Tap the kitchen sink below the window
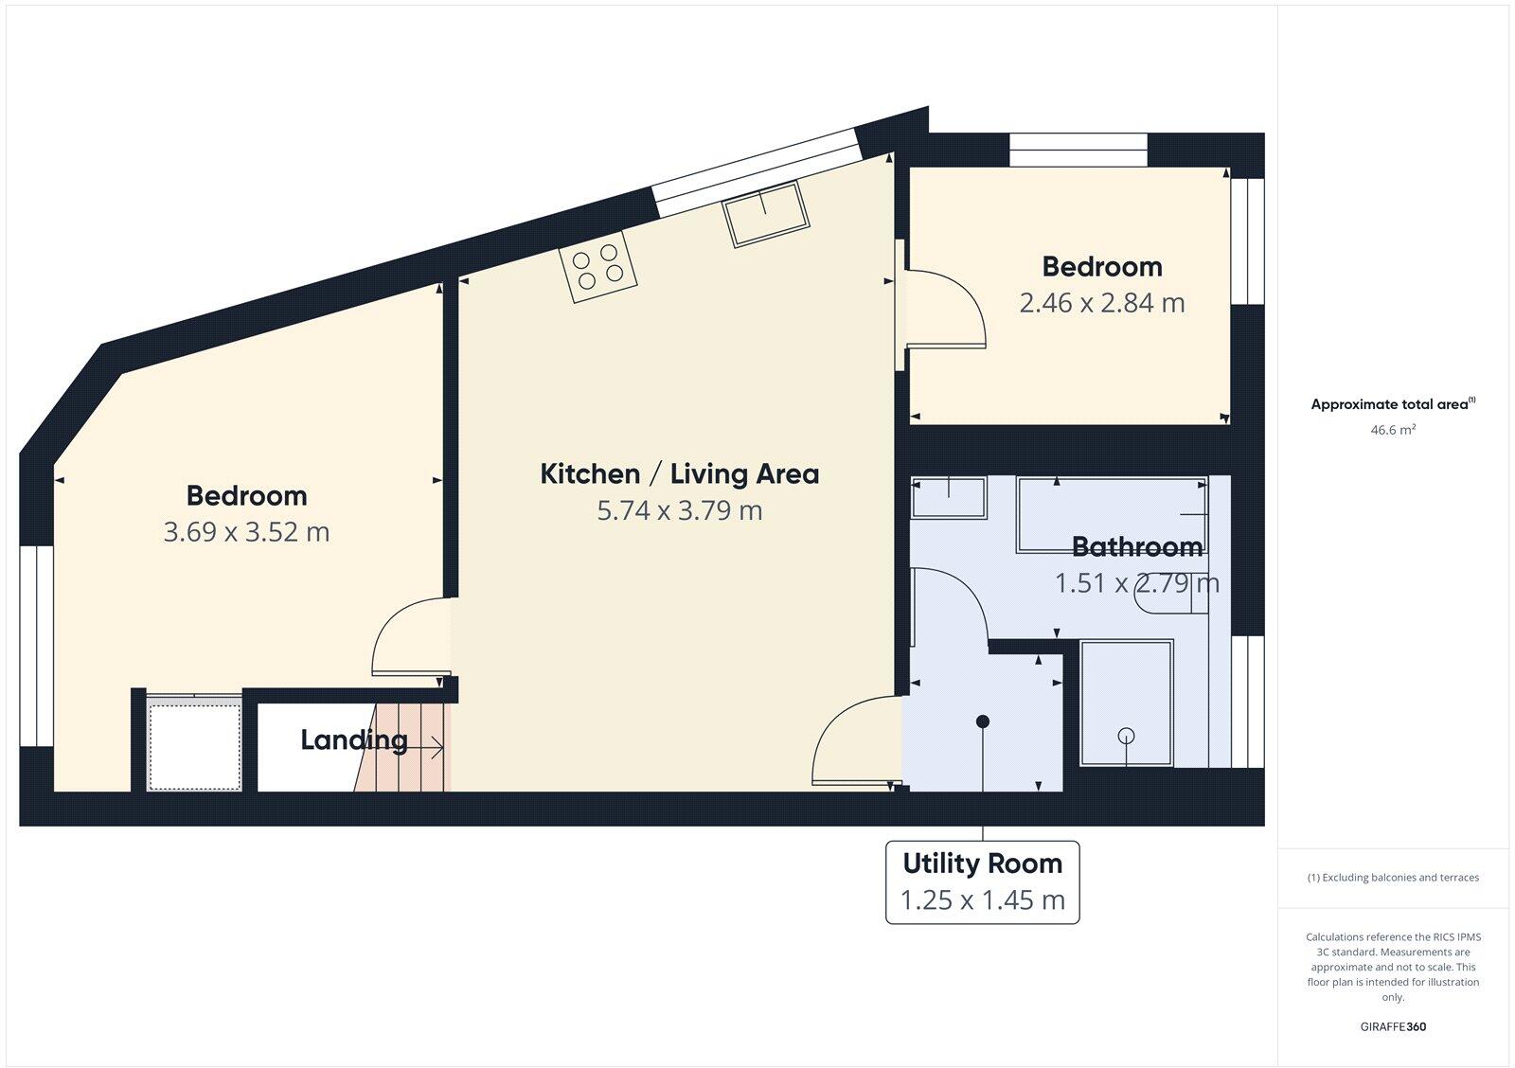[x=765, y=214]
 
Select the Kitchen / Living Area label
[x=679, y=473]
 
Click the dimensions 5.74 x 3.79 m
[x=679, y=510]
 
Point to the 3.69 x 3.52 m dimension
[x=246, y=532]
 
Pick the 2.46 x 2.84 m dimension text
[x=1101, y=303]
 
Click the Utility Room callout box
[x=982, y=881]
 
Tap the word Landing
[x=353, y=740]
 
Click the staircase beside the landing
[x=407, y=748]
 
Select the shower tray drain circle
[x=1126, y=735]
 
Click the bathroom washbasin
[x=948, y=496]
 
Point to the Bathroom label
[x=1136, y=546]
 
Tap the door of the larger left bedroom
[x=407, y=639]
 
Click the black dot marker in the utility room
[x=983, y=721]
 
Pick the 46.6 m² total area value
[x=1392, y=430]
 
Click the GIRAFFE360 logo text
[x=1393, y=1026]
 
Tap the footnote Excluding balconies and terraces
[x=1393, y=878]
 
